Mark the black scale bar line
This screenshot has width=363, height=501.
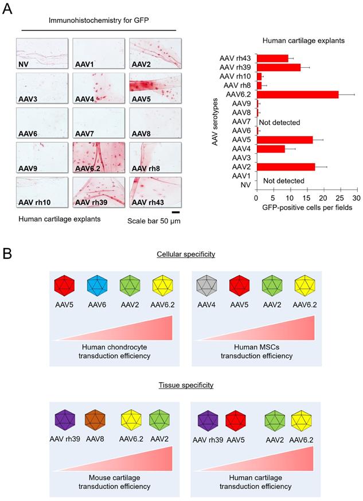point(175,212)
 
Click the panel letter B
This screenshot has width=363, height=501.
point(7,235)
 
